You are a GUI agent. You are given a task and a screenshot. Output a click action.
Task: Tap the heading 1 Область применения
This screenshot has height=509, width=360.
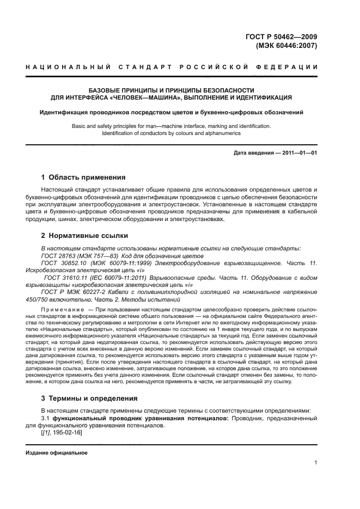[x=83, y=177]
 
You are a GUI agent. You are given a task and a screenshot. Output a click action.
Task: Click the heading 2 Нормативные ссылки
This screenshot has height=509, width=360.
[x=85, y=236]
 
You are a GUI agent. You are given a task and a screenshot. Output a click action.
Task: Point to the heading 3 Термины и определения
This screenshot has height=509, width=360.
[x=89, y=398]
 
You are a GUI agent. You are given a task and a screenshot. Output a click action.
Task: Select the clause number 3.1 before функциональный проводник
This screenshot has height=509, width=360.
[x=46, y=418]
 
